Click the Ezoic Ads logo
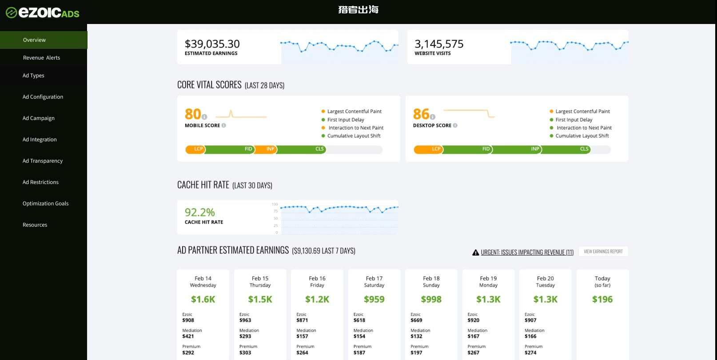tap(43, 12)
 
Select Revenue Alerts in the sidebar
tap(41, 58)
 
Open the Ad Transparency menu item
tap(43, 161)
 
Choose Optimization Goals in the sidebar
tap(45, 204)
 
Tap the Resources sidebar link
tap(35, 225)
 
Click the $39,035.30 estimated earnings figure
tap(212, 44)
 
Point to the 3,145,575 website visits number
tap(439, 44)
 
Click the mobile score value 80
tap(193, 114)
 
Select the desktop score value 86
tap(421, 114)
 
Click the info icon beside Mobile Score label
tap(224, 125)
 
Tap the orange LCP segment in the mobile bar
tap(196, 149)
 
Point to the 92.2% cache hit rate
tap(199, 212)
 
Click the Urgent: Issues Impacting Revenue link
tap(527, 252)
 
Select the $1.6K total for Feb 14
tap(203, 300)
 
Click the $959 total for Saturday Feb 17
tap(374, 300)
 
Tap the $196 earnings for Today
tap(602, 300)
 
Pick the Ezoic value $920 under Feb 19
tap(474, 320)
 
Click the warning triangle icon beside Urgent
tap(475, 252)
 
